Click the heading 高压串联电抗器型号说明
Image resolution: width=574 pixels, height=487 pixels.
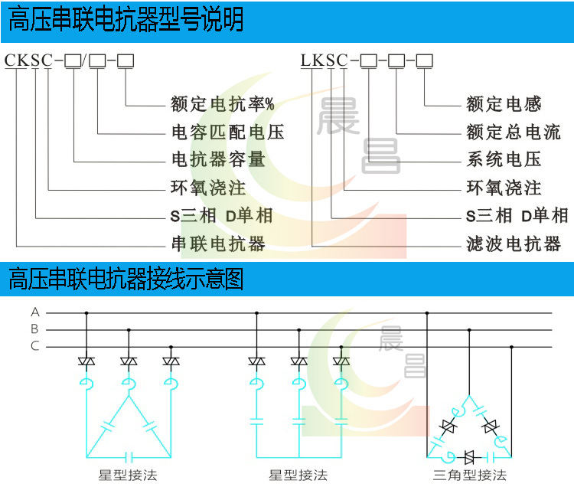[126, 20]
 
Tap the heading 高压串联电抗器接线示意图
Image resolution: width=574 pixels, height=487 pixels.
[126, 279]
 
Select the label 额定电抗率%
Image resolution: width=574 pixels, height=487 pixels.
[223, 104]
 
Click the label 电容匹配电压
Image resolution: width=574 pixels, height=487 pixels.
[228, 132]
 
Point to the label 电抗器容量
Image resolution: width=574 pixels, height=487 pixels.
[218, 159]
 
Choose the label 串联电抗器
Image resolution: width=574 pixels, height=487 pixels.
[218, 243]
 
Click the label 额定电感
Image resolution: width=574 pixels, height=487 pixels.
[504, 104]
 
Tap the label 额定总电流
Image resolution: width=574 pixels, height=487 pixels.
[514, 132]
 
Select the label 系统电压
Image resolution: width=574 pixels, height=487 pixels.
[504, 159]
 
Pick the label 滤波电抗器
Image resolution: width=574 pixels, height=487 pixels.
[514, 243]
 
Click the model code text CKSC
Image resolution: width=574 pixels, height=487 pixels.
[29, 60]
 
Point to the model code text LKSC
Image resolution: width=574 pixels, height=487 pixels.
[325, 60]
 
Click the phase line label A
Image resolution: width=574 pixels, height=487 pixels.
[34, 312]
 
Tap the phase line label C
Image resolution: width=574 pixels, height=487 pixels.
[34, 345]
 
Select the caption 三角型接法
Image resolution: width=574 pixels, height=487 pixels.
[470, 476]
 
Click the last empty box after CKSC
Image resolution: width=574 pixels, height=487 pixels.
[126, 60]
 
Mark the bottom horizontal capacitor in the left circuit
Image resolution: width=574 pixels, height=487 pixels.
[129, 457]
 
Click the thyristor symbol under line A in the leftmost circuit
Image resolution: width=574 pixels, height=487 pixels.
[86, 361]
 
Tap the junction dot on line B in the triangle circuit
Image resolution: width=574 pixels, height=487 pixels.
[469, 330]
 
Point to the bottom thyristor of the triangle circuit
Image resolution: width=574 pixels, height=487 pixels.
[469, 457]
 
